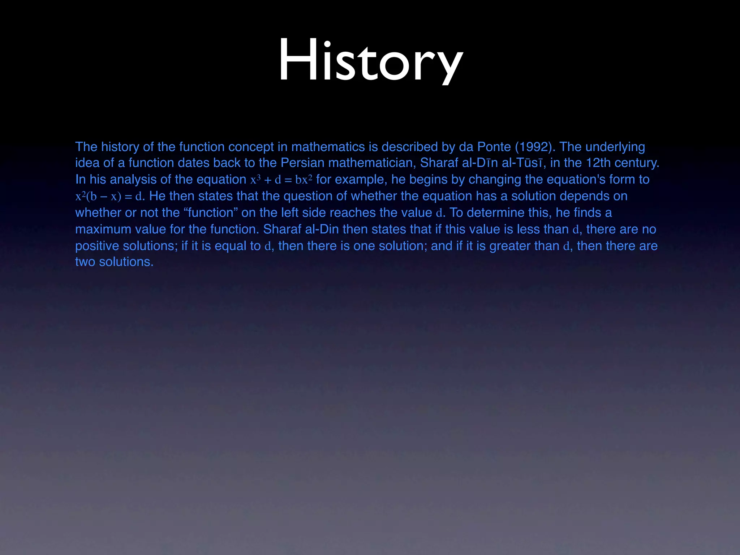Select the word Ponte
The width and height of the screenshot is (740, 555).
pyautogui.click(x=494, y=147)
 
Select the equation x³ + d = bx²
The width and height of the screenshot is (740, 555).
pyautogui.click(x=281, y=180)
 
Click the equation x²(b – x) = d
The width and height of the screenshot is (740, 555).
pyautogui.click(x=109, y=196)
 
